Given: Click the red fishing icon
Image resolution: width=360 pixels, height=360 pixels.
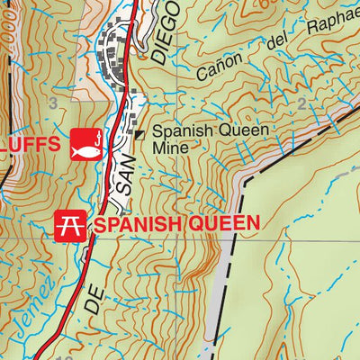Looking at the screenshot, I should (83, 141).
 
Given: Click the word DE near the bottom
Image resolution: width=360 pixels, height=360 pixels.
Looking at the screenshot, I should (93, 300).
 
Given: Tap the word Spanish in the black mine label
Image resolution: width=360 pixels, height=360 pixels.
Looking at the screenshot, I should (186, 130).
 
